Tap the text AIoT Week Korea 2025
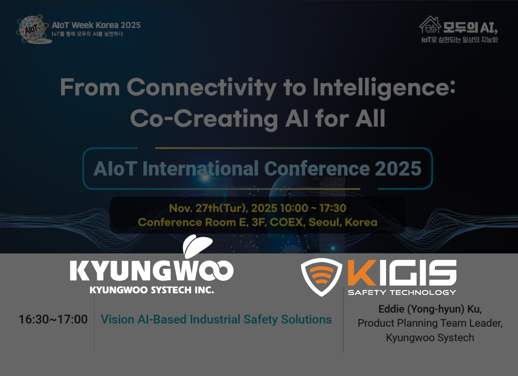96,25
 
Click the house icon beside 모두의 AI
430,25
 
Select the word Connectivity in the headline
201,87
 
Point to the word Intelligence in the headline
384,87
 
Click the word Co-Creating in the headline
204,118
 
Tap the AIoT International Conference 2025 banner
258,168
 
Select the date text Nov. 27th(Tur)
209,208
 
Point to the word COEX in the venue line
286,222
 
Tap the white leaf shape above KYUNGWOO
197,246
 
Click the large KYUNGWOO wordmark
151,271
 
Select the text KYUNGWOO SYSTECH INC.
151,290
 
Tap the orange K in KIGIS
362,272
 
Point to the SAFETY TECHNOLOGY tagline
402,292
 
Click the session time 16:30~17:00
53,319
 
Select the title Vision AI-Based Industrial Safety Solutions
216,319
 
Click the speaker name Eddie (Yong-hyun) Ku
430,309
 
